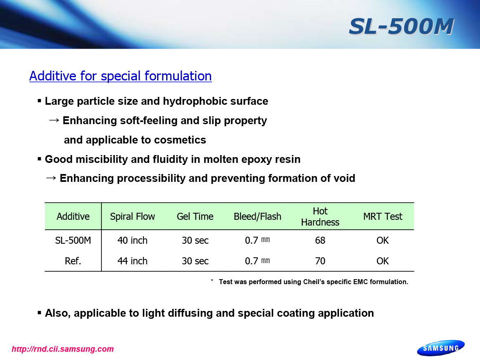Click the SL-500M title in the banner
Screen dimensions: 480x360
(x=401, y=26)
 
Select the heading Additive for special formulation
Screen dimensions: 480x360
(x=120, y=76)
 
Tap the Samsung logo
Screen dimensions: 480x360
(x=440, y=348)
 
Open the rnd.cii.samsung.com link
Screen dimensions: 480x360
(x=63, y=349)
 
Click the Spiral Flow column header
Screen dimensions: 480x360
(x=132, y=216)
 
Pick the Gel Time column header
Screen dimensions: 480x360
(x=195, y=216)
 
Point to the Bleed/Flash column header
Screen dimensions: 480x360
(x=257, y=216)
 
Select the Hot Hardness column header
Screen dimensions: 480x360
(x=320, y=216)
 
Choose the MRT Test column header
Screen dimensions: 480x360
(x=383, y=216)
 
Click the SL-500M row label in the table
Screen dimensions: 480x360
(x=73, y=240)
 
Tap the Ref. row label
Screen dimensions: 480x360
(x=73, y=261)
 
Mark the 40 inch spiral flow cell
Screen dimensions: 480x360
(x=132, y=240)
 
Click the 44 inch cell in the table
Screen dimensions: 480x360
(x=132, y=261)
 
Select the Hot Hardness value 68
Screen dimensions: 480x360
(x=320, y=240)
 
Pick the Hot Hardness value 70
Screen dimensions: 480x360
(x=320, y=261)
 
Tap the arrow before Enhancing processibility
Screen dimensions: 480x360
(x=51, y=178)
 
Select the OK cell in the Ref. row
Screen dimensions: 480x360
(x=383, y=261)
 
